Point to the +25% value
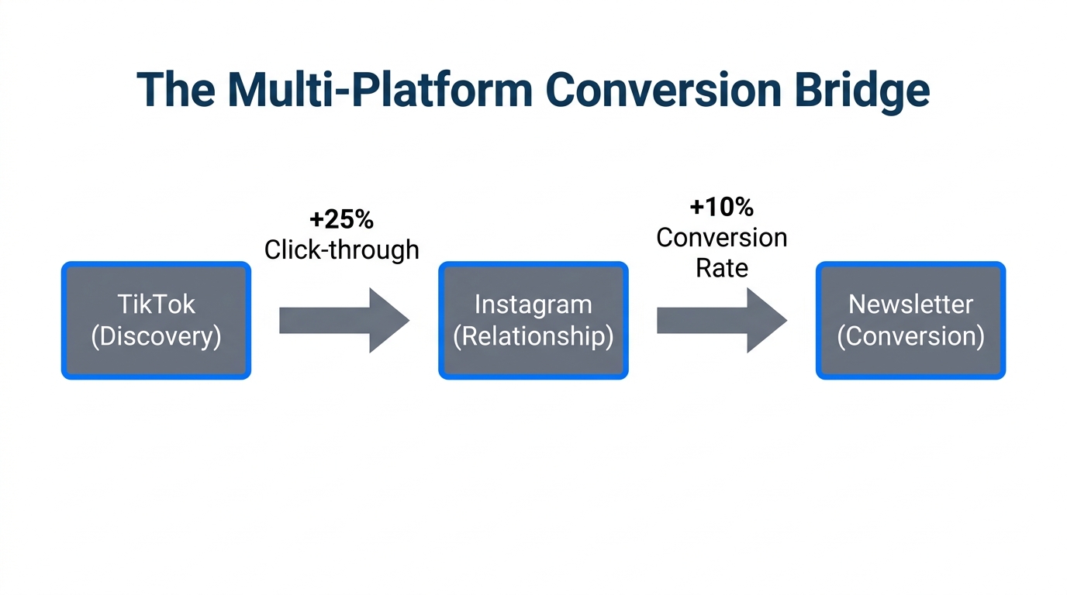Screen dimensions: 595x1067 341,219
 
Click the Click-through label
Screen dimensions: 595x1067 341,249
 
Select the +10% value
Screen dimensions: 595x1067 721,207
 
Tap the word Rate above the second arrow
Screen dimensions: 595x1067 721,268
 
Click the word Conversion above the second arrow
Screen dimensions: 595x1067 721,237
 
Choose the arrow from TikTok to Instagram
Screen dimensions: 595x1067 341,320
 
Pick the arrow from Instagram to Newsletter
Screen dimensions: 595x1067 720,320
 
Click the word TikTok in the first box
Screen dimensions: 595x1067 156,304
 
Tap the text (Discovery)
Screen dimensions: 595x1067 156,336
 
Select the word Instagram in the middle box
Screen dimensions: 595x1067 533,304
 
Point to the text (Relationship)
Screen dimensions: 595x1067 533,336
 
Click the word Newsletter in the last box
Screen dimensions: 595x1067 910,304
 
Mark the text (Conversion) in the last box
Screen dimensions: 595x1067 910,336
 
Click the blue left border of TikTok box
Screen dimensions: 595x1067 64,320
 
